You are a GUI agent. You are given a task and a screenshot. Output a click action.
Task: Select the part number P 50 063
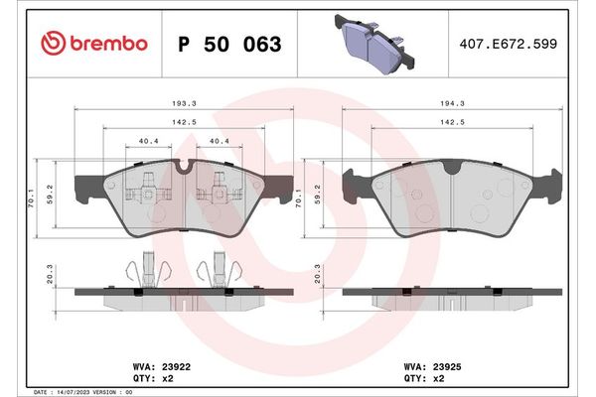(x=228, y=45)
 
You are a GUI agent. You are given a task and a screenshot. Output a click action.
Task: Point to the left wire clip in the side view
(x=143, y=271)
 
